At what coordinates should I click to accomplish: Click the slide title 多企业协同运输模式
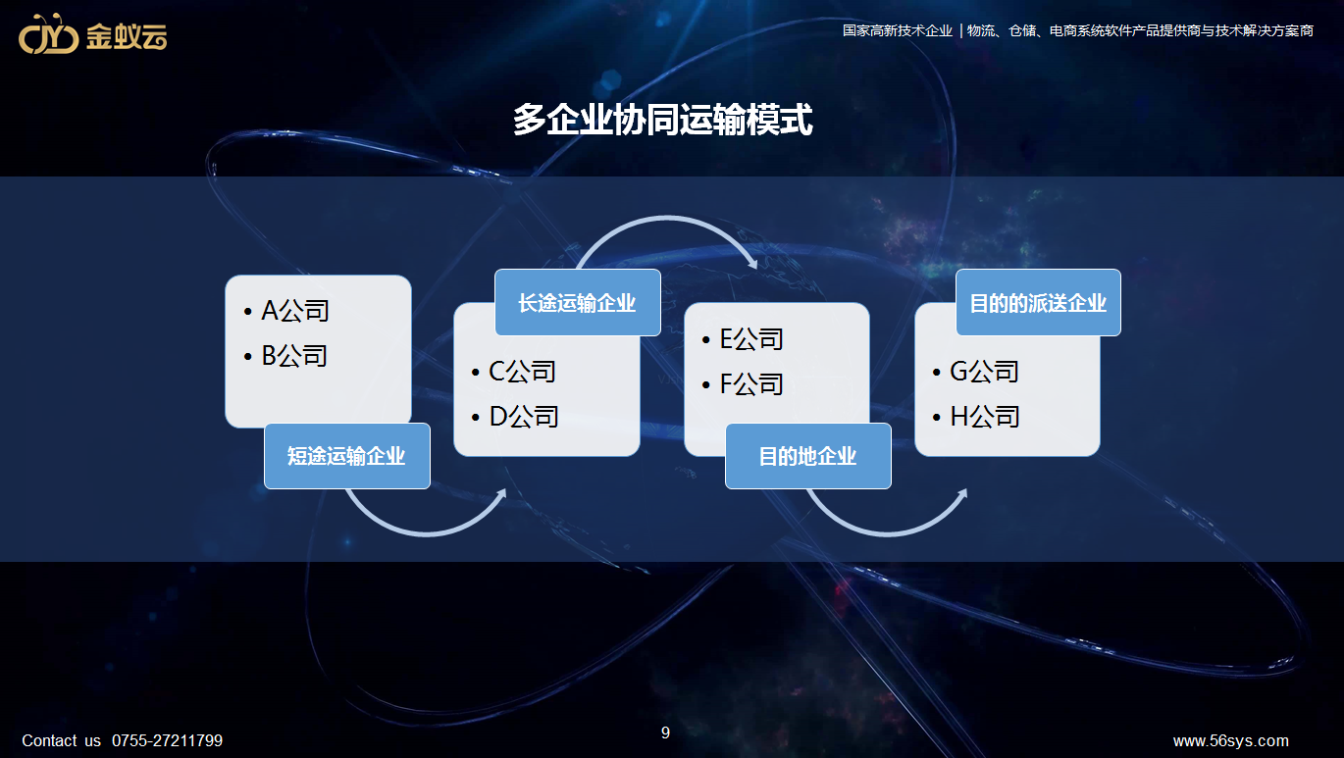coord(662,120)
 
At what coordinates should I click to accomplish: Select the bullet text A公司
coord(294,311)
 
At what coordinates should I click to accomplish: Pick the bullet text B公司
coord(294,356)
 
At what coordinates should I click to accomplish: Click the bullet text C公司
coord(522,372)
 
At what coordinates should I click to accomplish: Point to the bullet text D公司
coord(524,416)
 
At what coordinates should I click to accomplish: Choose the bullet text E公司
coord(751,339)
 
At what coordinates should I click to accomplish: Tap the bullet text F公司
coord(751,383)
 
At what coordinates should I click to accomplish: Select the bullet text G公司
coord(984,372)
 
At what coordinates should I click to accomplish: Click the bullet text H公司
coord(985,416)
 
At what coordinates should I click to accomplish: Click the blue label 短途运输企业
coord(347,456)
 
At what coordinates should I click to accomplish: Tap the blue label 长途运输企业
coord(577,302)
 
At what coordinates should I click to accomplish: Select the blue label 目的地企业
coord(807,456)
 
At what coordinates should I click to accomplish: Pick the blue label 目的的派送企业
coord(1038,302)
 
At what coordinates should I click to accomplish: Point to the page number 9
coord(665,733)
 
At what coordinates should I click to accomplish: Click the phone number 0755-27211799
coord(167,740)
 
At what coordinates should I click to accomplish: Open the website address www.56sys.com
coord(1230,740)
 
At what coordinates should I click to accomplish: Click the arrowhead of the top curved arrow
coord(752,263)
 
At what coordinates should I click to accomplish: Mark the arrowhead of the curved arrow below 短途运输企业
coord(501,494)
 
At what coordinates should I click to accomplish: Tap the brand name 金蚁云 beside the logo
coord(127,36)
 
